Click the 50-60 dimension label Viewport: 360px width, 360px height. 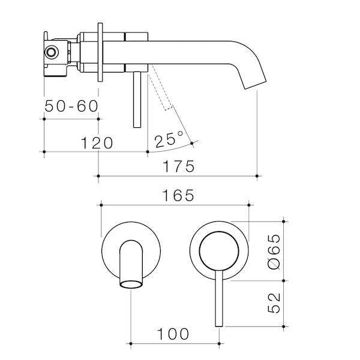click(x=71, y=106)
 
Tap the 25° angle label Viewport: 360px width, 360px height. click(x=169, y=140)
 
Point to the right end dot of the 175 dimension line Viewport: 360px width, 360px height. click(x=257, y=176)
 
